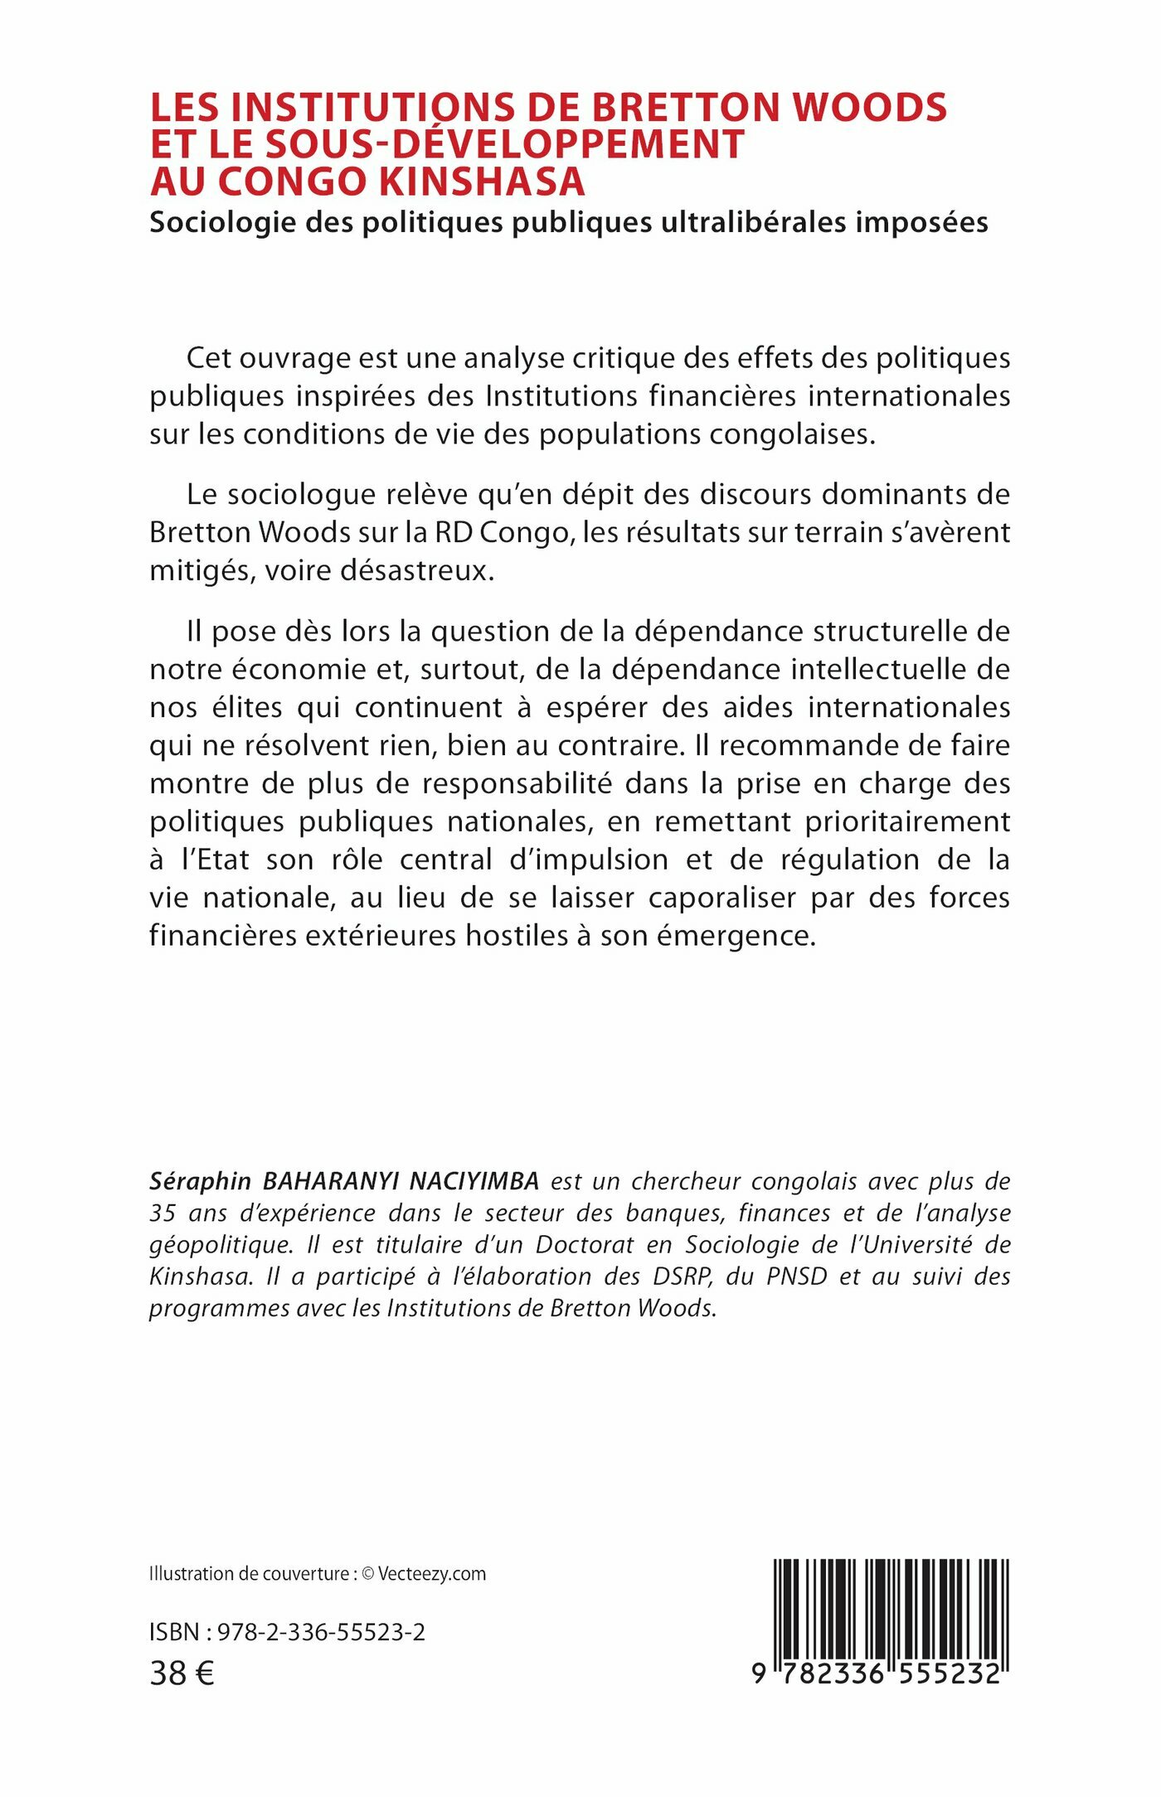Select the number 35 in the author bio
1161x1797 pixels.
(163, 1213)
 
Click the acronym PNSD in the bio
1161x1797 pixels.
(796, 1276)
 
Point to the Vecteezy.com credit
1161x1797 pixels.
(432, 1574)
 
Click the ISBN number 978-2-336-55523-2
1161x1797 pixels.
(321, 1632)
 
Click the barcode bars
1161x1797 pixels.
(891, 1607)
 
